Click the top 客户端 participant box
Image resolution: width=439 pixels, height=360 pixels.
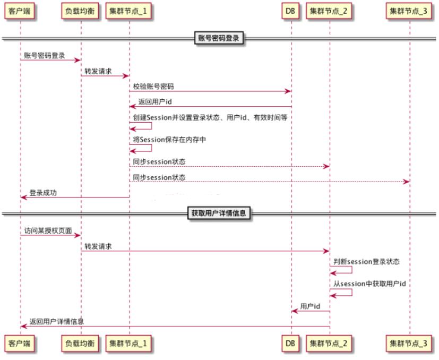[x=20, y=11]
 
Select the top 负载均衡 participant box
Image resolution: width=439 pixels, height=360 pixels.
[x=81, y=11]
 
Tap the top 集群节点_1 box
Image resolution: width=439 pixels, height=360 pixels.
[x=129, y=11]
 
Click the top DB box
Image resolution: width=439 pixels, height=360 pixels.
[x=290, y=11]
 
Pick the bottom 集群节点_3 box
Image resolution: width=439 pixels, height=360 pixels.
[x=409, y=344]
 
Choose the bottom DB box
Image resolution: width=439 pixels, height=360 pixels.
[x=290, y=344]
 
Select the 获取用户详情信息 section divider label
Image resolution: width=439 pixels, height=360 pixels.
[x=219, y=213]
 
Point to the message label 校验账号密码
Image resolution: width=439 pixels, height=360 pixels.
[x=153, y=87]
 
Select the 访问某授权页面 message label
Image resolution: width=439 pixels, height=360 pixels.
[x=48, y=230]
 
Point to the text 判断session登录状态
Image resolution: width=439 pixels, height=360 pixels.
[x=366, y=262]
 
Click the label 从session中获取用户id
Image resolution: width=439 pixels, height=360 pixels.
[x=369, y=284]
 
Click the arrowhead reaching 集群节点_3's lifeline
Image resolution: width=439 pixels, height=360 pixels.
[x=407, y=182]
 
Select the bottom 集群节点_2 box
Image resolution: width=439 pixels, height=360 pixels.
[x=329, y=344]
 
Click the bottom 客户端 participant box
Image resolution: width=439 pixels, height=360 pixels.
[x=20, y=344]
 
